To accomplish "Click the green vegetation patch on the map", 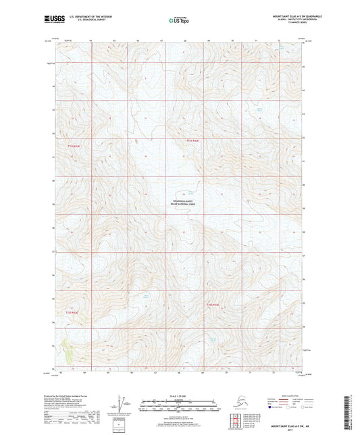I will (67, 346).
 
